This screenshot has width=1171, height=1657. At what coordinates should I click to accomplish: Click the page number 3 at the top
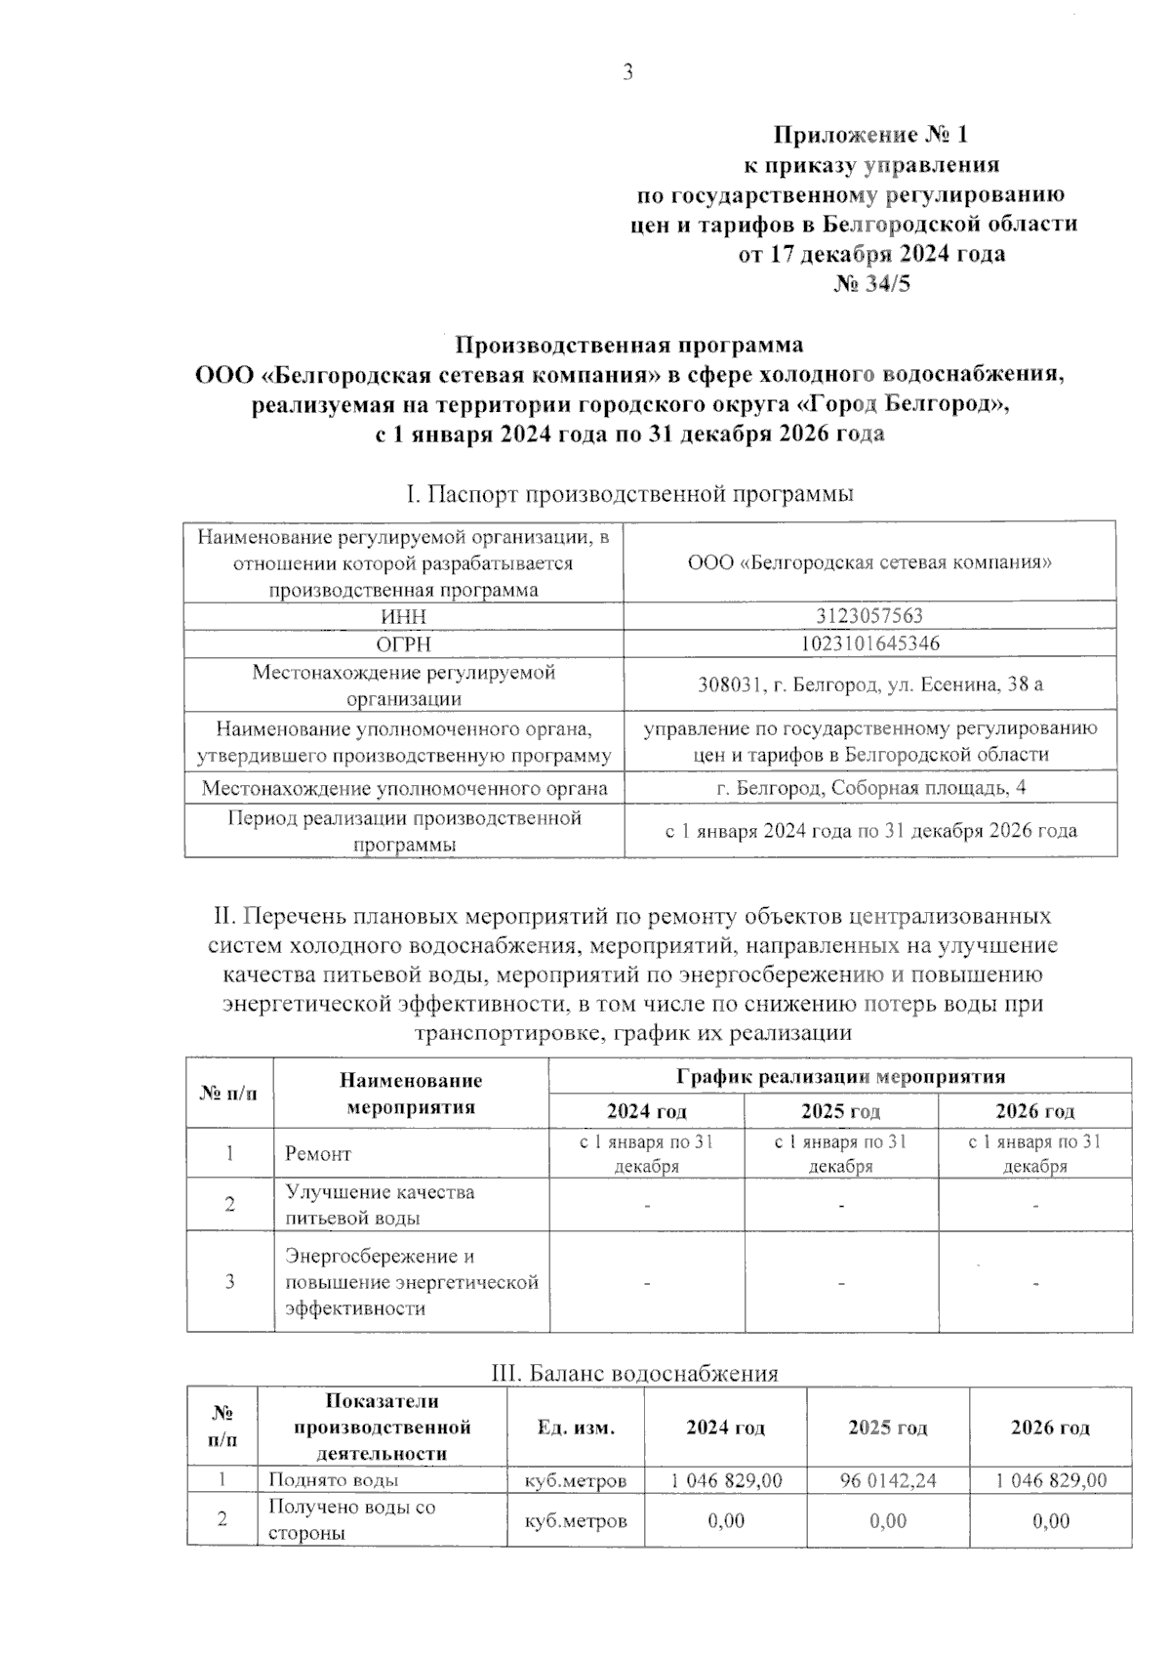click(x=627, y=73)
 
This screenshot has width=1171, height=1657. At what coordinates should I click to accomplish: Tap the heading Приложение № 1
click(x=870, y=134)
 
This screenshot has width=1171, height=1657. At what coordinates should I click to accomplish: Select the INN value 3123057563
click(x=869, y=616)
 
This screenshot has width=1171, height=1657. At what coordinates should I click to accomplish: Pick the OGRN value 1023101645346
click(x=869, y=643)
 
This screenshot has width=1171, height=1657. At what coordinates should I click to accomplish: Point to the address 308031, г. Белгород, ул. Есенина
click(x=869, y=684)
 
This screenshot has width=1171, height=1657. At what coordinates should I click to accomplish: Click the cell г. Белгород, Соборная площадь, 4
click(x=869, y=788)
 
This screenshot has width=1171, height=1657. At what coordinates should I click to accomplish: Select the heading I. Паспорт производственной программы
click(x=629, y=494)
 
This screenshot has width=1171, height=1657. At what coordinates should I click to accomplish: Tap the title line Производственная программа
click(x=630, y=345)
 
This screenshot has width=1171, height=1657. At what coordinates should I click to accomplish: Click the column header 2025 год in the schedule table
click(x=840, y=1111)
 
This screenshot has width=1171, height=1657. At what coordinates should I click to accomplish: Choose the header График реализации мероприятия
click(x=840, y=1077)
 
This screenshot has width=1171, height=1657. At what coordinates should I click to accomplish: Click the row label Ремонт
click(x=317, y=1154)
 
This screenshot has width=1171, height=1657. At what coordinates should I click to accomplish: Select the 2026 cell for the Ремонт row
click(x=1034, y=1154)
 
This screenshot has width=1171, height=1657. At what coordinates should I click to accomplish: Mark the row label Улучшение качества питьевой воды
click(x=380, y=1205)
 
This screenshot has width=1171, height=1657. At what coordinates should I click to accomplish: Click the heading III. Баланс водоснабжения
click(x=633, y=1373)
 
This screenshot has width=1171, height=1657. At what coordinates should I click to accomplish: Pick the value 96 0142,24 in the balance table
click(x=888, y=1480)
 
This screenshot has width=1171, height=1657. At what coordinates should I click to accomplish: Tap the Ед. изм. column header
click(x=576, y=1428)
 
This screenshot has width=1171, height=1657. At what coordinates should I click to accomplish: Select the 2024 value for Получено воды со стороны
click(x=725, y=1521)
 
